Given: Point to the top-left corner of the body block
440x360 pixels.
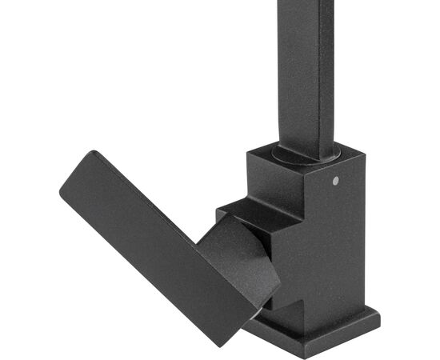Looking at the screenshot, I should tap(248, 149).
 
